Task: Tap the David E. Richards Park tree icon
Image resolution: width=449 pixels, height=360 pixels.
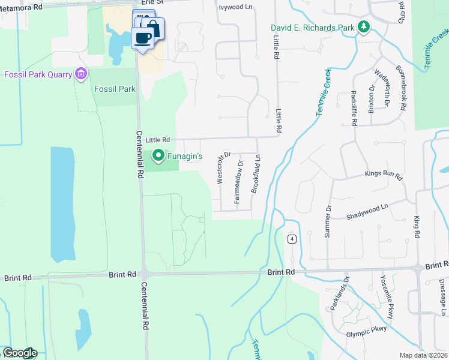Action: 363,28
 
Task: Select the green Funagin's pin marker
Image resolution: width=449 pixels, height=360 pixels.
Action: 158,156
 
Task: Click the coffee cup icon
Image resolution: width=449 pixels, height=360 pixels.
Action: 143,38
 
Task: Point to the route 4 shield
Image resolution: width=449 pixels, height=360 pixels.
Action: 292,239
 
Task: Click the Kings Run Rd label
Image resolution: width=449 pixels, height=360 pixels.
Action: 382,175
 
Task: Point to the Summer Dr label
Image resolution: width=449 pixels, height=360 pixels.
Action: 328,222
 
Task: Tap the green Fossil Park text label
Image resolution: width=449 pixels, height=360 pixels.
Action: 115,89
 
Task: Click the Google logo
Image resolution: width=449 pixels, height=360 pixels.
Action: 19,353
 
